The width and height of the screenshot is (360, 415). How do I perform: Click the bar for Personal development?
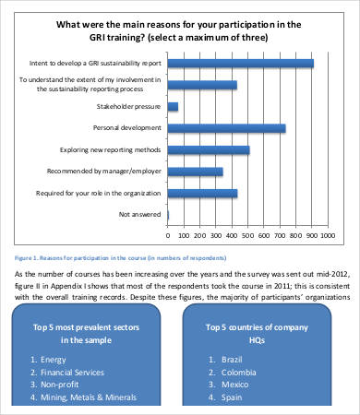pos(226,127)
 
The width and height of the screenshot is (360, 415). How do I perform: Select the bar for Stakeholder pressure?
pos(173,106)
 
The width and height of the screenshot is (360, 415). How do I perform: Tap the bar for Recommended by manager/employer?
pos(195,171)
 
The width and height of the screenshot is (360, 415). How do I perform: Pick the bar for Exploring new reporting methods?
pos(208,149)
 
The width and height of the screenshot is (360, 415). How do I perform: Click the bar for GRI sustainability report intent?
pos(240,64)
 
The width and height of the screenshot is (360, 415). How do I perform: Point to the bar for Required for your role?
pos(202,193)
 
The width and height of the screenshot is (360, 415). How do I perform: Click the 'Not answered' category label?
pos(140,214)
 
